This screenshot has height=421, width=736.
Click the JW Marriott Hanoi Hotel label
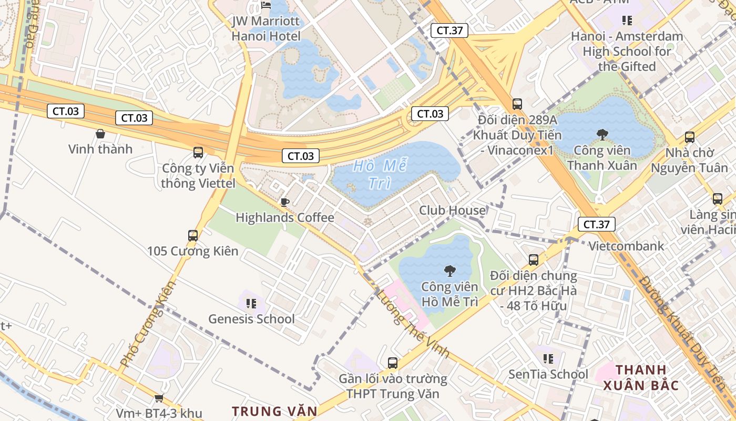click(x=266, y=29)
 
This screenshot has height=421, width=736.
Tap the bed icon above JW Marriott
click(x=266, y=5)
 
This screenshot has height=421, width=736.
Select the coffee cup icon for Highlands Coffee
click(x=285, y=202)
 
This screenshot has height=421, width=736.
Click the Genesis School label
click(x=251, y=319)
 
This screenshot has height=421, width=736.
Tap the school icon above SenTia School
click(x=548, y=359)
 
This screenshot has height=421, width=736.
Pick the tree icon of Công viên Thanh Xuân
click(x=602, y=135)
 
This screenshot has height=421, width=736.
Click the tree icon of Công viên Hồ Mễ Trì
click(x=449, y=271)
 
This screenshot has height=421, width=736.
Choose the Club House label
click(x=452, y=210)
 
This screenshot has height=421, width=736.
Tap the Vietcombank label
click(x=626, y=246)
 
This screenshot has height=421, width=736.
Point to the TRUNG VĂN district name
click(x=275, y=411)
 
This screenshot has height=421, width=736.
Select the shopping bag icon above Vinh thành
click(x=100, y=134)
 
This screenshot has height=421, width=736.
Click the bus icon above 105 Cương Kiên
click(x=193, y=235)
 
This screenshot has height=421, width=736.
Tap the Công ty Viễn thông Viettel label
click(x=198, y=176)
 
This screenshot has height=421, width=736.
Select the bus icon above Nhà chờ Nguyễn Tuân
click(x=689, y=137)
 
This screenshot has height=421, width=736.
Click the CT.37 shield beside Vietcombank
click(x=596, y=224)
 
